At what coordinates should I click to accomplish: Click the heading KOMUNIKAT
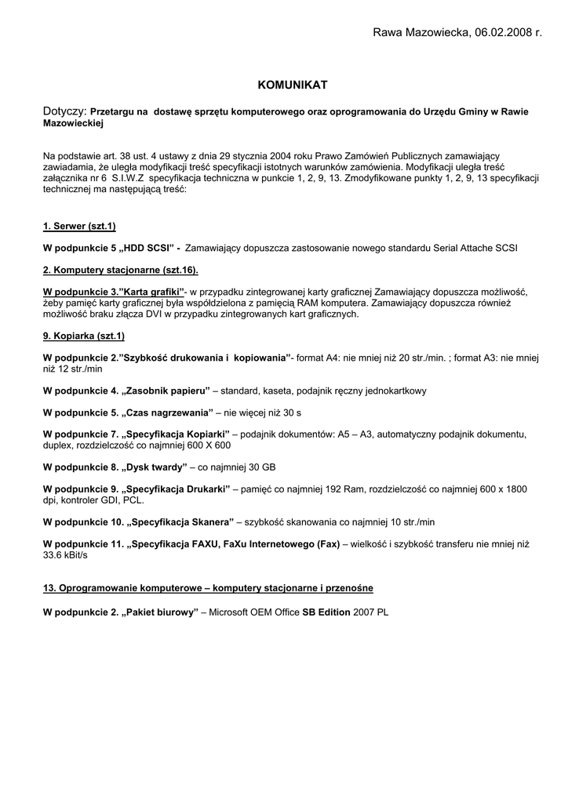(293, 84)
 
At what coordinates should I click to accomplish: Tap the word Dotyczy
(63, 112)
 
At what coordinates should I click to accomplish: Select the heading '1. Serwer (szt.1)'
(79, 227)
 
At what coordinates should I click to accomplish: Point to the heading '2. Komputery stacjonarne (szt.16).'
(120, 271)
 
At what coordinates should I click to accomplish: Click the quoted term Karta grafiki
(152, 292)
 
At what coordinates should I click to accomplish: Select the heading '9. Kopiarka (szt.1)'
(84, 336)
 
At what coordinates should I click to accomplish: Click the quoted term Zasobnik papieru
(169, 391)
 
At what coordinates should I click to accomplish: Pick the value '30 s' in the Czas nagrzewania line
(290, 412)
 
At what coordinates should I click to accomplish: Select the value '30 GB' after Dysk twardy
(260, 467)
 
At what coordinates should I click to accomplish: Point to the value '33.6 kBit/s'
(66, 554)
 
